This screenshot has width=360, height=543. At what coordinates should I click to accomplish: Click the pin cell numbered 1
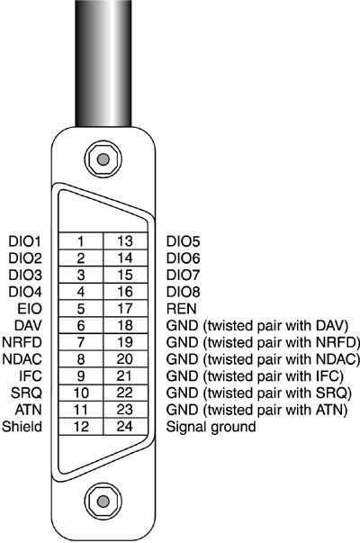81,240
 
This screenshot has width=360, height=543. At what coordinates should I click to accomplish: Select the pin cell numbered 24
125,426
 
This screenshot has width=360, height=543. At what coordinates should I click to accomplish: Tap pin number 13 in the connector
125,240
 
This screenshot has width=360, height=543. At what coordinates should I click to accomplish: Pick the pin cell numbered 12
81,426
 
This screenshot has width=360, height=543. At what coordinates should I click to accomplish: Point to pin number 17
125,308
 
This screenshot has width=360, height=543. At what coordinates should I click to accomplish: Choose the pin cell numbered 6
81,325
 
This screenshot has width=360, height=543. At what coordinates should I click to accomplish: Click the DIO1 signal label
25,241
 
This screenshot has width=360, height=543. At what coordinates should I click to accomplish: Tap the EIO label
30,309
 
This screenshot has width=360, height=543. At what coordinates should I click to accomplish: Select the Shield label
22,426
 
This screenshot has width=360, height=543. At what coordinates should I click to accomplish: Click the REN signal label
182,309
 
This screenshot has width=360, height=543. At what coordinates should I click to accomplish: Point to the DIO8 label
183,292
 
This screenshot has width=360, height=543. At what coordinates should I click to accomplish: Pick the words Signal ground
211,427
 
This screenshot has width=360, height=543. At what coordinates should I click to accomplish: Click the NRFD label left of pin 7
22,342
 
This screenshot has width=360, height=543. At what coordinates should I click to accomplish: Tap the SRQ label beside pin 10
26,393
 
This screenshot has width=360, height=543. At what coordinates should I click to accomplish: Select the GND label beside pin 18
182,325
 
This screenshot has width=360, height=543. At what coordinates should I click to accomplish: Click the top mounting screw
103,159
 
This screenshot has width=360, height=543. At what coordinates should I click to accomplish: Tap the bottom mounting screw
103,501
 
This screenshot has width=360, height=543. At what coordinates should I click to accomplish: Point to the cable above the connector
103,63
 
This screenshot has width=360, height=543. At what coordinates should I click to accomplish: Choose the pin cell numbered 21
125,376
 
